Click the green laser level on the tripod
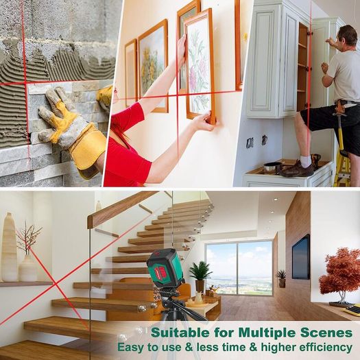165,266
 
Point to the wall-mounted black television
301,257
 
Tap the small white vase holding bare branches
28,268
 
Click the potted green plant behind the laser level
200,276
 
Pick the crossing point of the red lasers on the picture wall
177,95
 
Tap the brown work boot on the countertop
297,169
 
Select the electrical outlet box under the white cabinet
250,143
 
